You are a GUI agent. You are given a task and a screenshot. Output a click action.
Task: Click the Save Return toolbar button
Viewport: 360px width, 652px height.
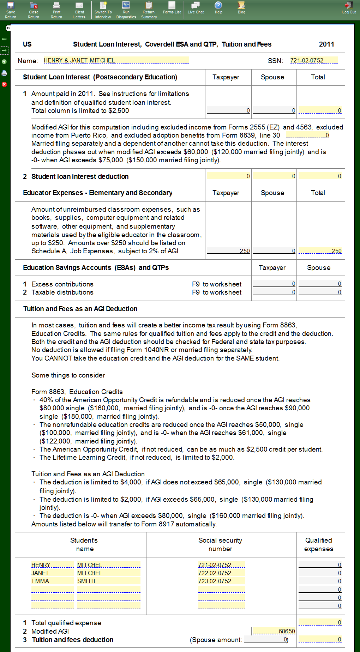tap(11, 10)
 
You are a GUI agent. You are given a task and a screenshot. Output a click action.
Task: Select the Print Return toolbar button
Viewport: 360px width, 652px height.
tap(56, 10)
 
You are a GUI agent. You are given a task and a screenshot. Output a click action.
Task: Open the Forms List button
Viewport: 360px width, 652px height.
tap(172, 8)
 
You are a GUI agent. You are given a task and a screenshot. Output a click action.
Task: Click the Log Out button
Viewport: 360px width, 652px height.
tap(349, 8)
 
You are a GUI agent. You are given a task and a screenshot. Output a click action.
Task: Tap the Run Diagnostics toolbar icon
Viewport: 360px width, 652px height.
tap(126, 10)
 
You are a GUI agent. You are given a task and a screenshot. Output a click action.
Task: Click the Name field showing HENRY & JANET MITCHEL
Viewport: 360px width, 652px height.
tap(116, 60)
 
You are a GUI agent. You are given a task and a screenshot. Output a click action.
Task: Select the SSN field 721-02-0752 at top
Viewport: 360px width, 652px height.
tap(313, 60)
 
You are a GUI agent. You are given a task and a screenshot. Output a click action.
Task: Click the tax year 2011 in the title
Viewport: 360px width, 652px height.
tap(326, 44)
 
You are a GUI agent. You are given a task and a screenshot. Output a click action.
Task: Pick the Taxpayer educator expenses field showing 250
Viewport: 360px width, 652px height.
tap(228, 251)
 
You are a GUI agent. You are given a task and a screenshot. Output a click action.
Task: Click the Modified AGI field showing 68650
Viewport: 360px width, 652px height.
tap(274, 631)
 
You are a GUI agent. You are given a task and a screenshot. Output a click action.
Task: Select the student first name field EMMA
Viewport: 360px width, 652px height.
tap(52, 581)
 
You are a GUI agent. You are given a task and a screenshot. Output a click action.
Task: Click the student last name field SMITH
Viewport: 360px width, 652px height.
tap(108, 581)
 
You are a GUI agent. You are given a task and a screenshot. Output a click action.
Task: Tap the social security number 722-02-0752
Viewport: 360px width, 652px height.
tap(221, 573)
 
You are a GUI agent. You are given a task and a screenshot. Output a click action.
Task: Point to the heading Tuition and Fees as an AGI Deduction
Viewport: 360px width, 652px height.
tap(80, 309)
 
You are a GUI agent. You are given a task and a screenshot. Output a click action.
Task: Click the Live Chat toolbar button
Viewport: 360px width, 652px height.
tap(196, 8)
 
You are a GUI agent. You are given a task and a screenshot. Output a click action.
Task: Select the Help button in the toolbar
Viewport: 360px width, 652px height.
tap(218, 8)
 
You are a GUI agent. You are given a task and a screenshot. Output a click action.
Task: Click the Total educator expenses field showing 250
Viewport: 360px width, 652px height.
tap(320, 251)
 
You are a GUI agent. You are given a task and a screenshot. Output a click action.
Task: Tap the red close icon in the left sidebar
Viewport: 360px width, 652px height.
tap(4, 84)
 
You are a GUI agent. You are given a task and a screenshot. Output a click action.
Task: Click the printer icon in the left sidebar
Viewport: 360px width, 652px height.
tap(4, 73)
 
